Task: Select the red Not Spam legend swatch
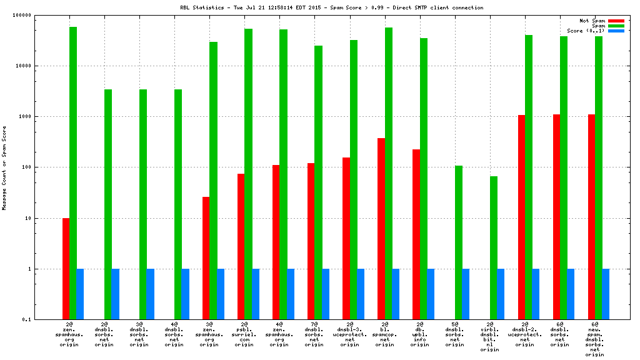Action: coord(616,21)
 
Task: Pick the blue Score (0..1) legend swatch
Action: coord(616,31)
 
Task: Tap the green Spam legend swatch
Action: coord(616,26)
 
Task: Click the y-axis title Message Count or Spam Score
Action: coord(4,167)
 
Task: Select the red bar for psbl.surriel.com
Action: coord(241,246)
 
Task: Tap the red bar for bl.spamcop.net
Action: coord(381,229)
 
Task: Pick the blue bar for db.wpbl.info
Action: coord(431,294)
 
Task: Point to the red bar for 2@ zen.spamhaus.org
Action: coord(66,269)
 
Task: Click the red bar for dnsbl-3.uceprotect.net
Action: coord(346,238)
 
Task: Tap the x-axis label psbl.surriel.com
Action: coord(244,336)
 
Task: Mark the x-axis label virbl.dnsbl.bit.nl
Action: coord(489,338)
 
